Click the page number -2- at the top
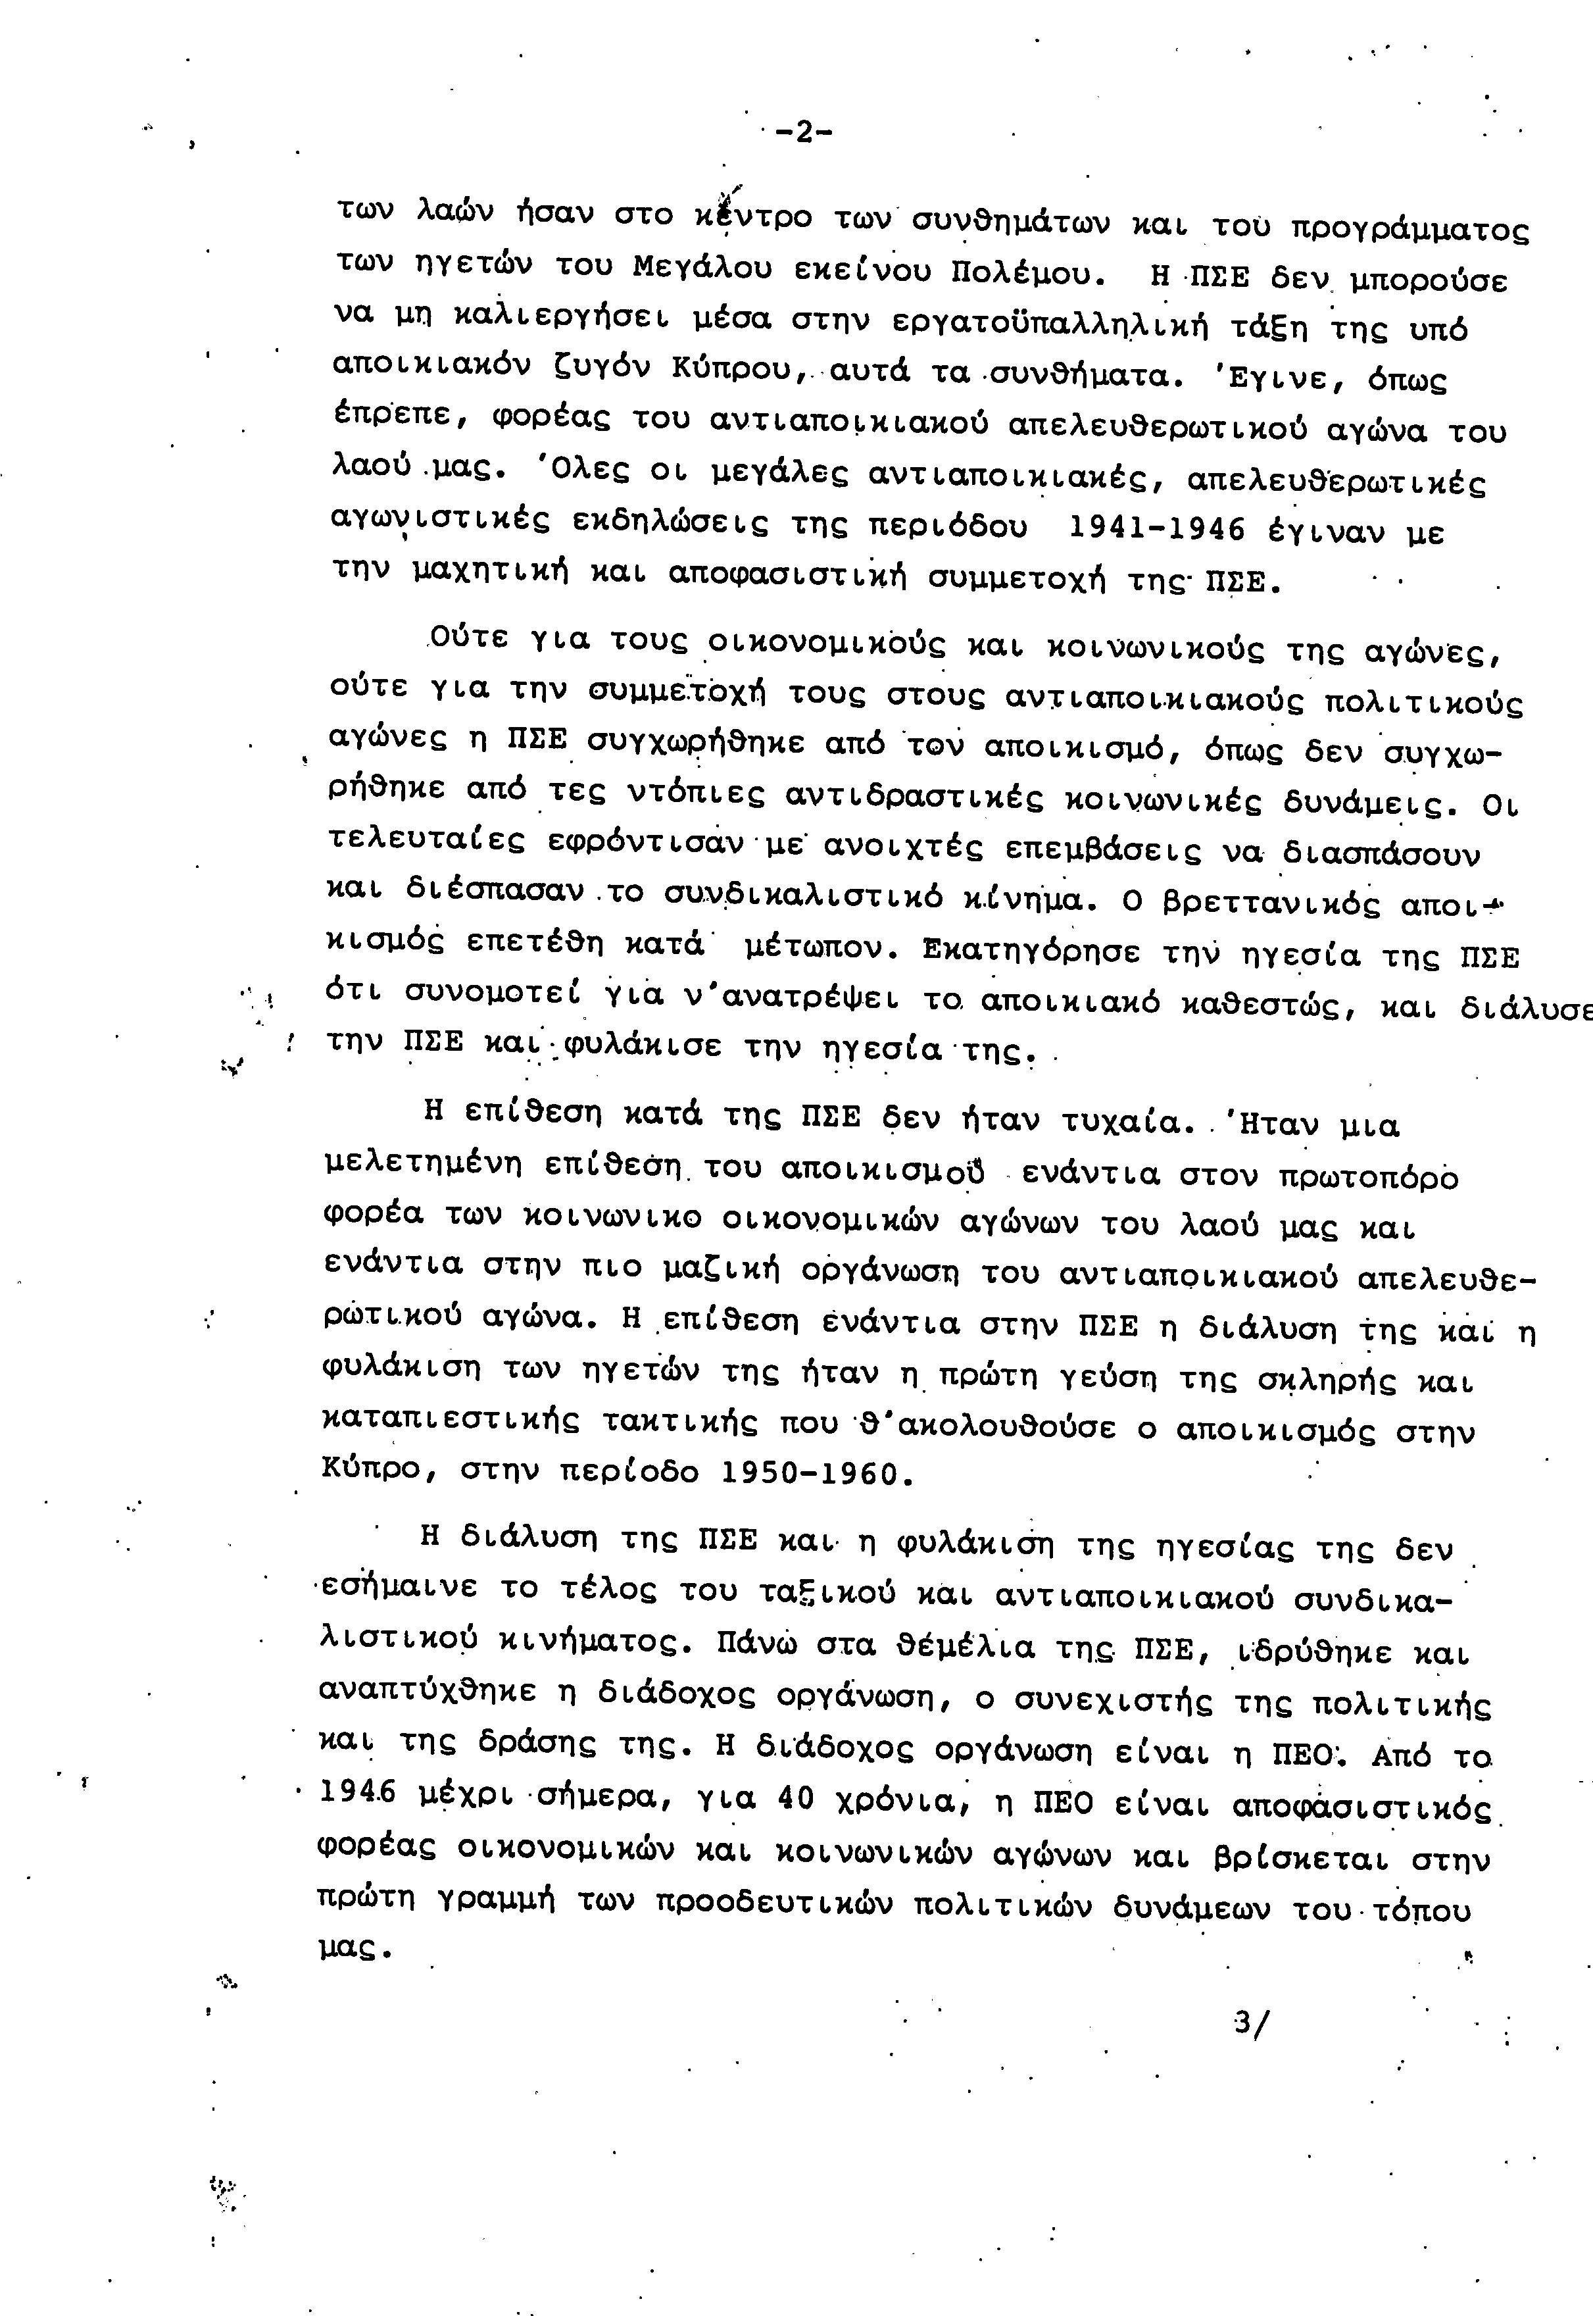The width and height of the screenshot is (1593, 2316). (802, 132)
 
